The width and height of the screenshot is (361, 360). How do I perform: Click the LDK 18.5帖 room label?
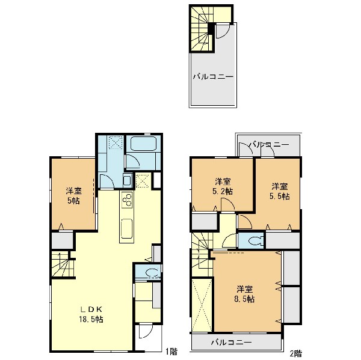91,314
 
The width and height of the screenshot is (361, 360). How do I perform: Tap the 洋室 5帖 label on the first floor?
73,196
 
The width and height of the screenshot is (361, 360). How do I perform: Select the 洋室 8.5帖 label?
245,294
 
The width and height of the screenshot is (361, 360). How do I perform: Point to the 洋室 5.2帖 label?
223,186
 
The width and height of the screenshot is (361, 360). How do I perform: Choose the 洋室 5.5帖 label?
280,191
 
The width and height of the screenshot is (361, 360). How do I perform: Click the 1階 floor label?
171,351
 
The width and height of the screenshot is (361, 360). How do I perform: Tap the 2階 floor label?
296,353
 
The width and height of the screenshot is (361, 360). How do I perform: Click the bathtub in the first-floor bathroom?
143,143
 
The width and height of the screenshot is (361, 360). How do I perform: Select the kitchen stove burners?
127,200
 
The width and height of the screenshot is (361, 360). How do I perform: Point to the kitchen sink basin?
126,228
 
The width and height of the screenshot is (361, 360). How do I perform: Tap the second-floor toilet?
256,240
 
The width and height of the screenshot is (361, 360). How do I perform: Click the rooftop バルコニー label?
213,76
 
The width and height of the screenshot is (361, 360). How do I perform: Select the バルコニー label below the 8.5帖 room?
232,343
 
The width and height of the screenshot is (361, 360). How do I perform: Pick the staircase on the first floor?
60,264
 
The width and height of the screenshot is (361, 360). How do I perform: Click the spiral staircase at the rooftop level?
200,29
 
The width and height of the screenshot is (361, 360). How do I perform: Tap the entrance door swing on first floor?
146,331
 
